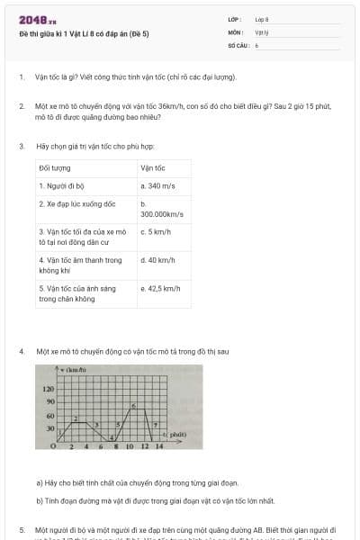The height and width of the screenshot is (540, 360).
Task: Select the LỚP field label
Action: point(235,19)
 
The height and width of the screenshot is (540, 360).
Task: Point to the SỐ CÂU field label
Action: point(237,44)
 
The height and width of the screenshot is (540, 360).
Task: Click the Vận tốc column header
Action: point(153,167)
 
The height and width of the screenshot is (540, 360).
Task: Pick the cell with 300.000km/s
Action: point(162,214)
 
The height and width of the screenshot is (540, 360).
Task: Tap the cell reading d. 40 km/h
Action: point(157,260)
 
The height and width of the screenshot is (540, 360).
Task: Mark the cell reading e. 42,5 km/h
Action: point(161,289)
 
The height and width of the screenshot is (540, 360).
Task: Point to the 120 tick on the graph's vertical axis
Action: point(49,389)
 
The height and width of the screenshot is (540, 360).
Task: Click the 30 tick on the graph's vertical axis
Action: point(51,428)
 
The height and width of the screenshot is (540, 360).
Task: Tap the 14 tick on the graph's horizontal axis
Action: point(159,445)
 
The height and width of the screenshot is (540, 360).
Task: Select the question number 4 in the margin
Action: point(22,350)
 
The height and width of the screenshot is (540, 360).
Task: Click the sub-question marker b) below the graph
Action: point(40,499)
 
